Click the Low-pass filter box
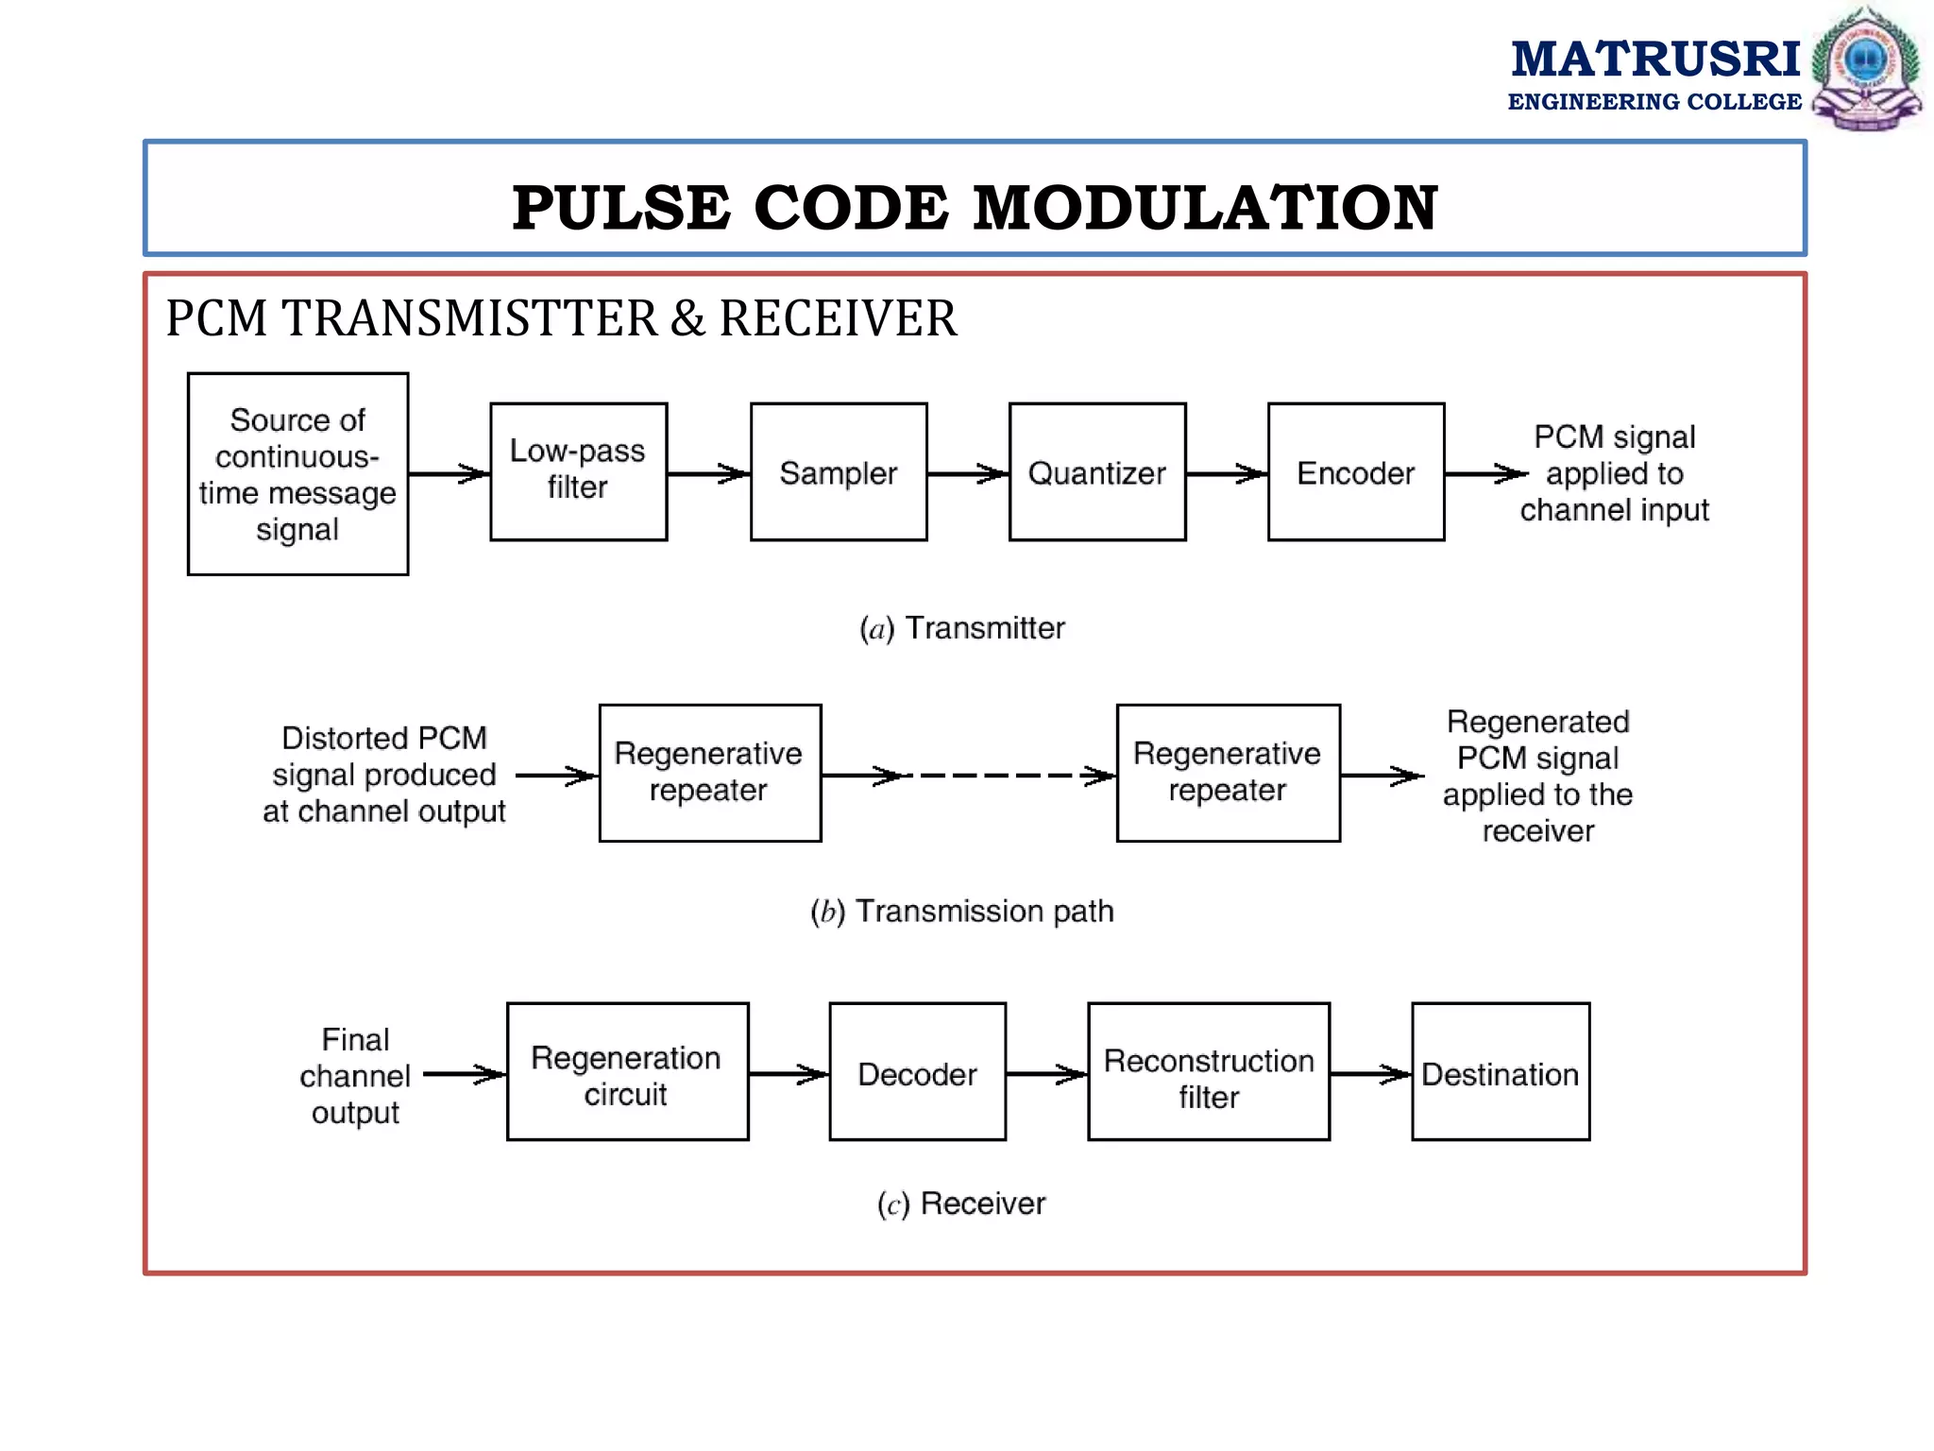[578, 471]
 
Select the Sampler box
[839, 471]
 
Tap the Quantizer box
[1097, 471]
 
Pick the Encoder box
[1356, 471]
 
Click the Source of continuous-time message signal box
[297, 473]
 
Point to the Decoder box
[917, 1071]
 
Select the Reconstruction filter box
[1209, 1071]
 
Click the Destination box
[1501, 1071]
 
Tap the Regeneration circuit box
[627, 1071]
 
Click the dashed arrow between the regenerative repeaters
[1001, 776]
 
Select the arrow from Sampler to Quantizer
[968, 473]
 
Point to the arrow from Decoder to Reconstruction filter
[1046, 1074]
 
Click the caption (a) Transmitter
[961, 628]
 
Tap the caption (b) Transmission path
[961, 912]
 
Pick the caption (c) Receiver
[961, 1203]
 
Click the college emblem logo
[1866, 68]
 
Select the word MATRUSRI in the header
[1655, 59]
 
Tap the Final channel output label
[355, 1076]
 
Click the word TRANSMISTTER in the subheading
[469, 318]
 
